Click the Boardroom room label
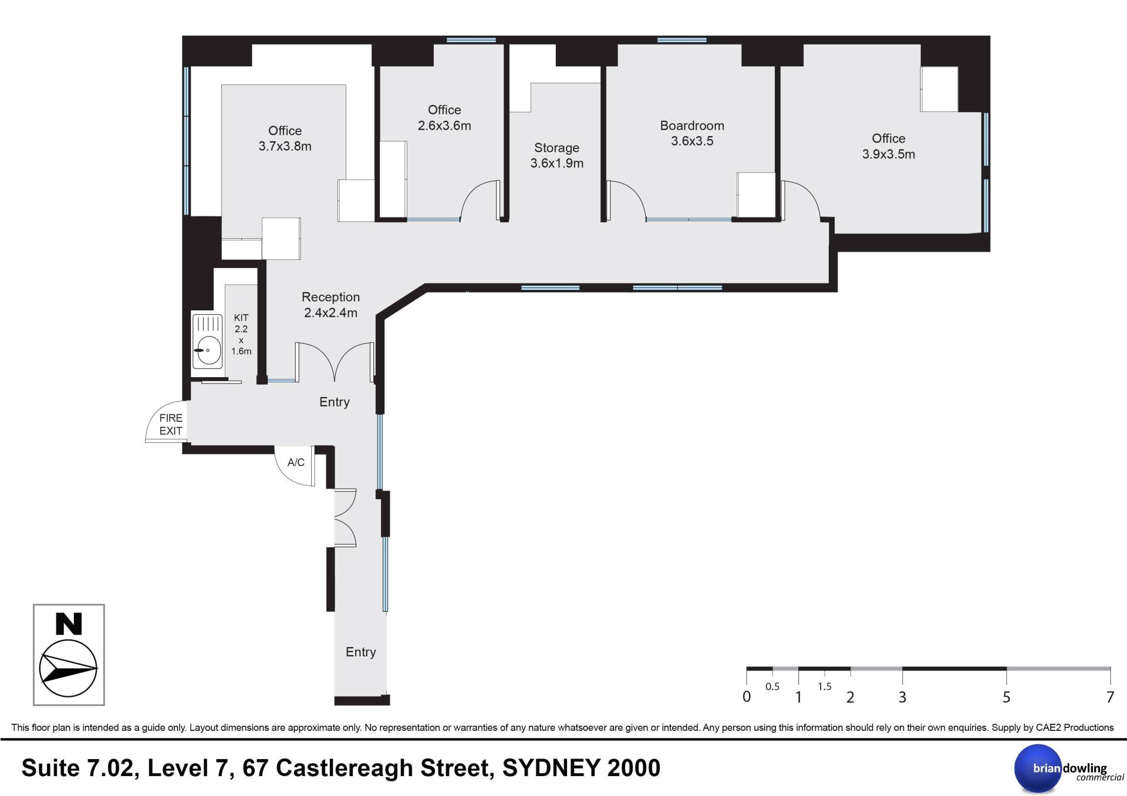click(x=692, y=133)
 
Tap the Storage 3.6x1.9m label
click(x=556, y=155)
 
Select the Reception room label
click(x=330, y=305)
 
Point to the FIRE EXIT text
click(x=171, y=424)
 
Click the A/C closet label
click(x=296, y=463)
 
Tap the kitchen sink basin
click(x=207, y=351)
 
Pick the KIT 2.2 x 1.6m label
click(x=241, y=334)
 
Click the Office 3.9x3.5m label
click(x=888, y=146)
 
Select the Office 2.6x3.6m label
click(x=444, y=117)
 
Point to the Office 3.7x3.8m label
click(x=285, y=138)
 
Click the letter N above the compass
click(x=69, y=624)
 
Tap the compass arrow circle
click(x=68, y=669)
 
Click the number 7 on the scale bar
click(x=1110, y=697)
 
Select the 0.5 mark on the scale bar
click(x=772, y=686)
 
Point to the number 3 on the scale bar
click(x=902, y=697)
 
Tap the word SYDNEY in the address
click(x=551, y=768)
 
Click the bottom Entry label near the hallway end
click(x=360, y=652)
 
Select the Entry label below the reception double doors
click(x=334, y=402)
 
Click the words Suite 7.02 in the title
click(x=80, y=768)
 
